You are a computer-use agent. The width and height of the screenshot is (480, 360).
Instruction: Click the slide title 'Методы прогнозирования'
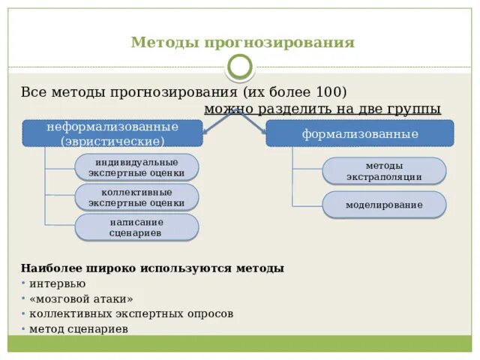pos(242,43)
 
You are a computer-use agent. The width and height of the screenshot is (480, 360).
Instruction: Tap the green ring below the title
pos(240,67)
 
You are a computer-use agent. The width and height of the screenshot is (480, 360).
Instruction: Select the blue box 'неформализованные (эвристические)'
pos(112,133)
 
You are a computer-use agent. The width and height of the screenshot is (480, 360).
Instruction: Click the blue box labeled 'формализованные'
pos(360,133)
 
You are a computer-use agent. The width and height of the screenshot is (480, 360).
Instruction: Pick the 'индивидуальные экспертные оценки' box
pos(136,167)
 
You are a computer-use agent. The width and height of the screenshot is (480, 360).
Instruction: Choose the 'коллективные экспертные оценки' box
pos(136,197)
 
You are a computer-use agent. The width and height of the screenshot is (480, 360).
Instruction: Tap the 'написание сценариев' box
pos(136,227)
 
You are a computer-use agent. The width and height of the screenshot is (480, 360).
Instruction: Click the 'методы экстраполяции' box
pos(384,171)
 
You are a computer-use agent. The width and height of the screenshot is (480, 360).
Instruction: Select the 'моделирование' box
pos(384,205)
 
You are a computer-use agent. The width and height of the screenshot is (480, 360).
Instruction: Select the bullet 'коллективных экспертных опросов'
pos(131,313)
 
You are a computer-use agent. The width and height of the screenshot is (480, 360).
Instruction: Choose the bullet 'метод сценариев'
pos(79,328)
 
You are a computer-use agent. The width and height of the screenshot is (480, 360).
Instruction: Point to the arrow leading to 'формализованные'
pos(255,122)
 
